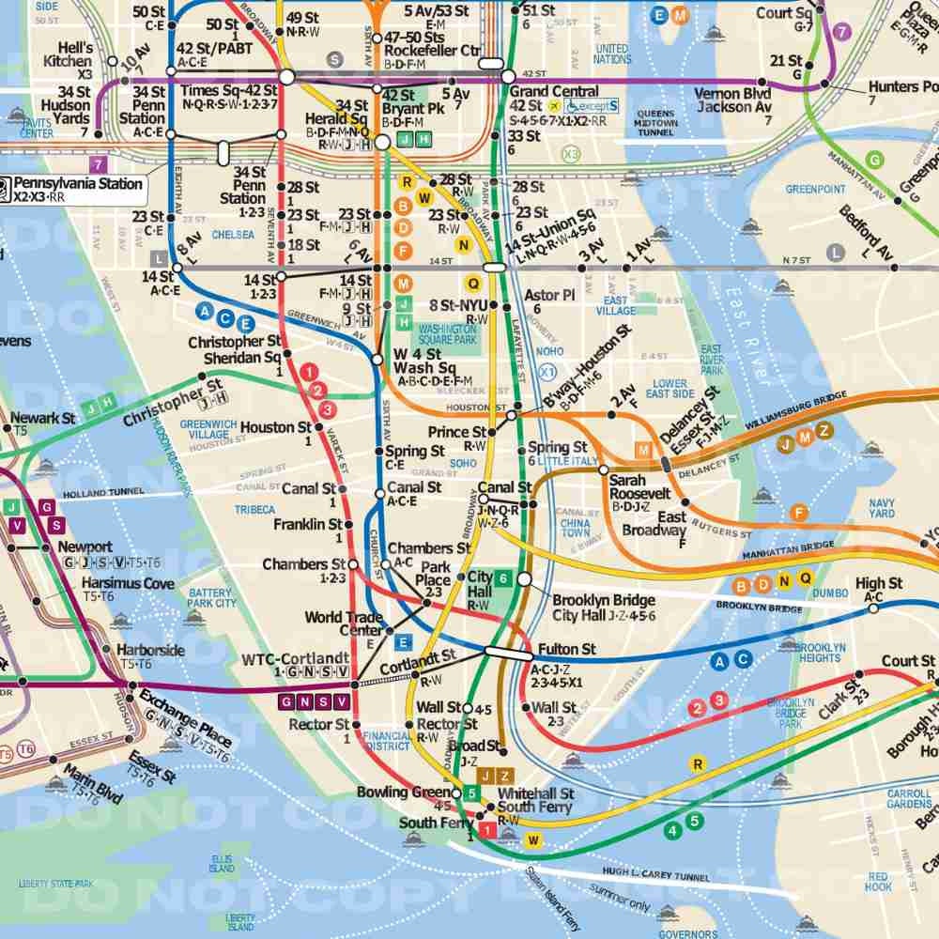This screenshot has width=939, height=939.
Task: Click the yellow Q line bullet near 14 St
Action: [x=473, y=282]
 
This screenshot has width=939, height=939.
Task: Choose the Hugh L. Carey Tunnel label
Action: [x=656, y=876]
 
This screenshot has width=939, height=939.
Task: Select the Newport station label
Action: [x=85, y=546]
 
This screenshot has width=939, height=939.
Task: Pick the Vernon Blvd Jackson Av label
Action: [x=732, y=100]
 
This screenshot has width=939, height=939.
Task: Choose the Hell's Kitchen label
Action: [x=68, y=54]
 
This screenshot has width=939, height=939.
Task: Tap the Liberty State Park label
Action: [x=56, y=884]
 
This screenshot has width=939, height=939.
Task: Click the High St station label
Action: [x=878, y=584]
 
